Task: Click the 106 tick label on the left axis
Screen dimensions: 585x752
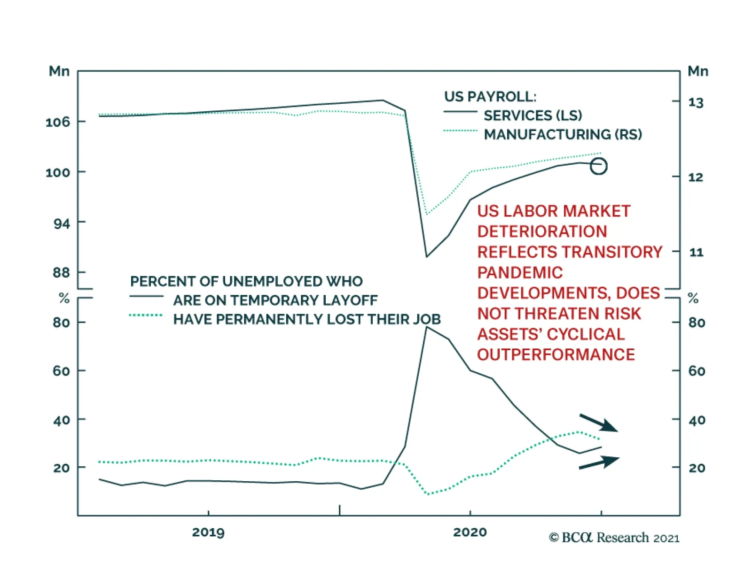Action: point(57,122)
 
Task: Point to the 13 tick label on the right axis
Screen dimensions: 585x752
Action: point(696,102)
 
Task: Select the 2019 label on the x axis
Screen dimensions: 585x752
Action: point(208,532)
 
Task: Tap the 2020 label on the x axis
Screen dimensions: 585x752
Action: point(470,532)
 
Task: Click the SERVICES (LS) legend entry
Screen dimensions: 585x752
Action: point(533,115)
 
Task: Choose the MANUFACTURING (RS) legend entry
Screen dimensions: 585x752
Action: point(563,135)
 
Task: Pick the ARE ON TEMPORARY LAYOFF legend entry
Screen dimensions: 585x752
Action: point(275,300)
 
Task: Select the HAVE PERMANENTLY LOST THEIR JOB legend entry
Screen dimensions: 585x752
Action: point(306,319)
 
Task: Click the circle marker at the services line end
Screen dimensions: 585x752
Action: point(598,166)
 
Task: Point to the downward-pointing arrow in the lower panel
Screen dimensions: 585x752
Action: point(599,423)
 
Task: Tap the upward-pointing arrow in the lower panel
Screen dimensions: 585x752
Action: point(599,462)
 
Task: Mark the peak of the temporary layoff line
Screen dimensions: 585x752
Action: point(426,327)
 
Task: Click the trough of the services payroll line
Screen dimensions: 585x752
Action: point(426,256)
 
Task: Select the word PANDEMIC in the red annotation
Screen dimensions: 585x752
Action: point(520,273)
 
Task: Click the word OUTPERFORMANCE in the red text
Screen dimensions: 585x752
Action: point(556,354)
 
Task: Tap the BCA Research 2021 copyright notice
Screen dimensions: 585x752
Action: point(614,538)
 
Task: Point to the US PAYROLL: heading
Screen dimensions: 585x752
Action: point(490,97)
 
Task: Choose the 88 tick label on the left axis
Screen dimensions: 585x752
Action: point(61,273)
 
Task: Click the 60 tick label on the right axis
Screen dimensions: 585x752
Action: point(696,371)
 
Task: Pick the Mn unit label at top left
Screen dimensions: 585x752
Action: point(59,71)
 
